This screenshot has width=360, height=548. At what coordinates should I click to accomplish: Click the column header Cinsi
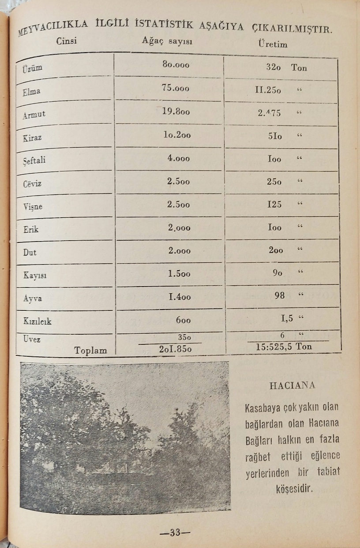67,41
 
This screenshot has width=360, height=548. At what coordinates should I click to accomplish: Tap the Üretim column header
273,44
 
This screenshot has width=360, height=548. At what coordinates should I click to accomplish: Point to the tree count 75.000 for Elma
175,88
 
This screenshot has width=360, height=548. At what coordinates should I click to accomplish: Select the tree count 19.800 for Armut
176,111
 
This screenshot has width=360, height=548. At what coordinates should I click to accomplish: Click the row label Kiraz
33,137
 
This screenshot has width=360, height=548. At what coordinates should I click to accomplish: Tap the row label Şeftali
34,160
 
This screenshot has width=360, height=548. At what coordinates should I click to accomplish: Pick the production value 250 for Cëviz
274,181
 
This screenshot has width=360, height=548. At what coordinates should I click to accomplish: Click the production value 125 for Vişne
274,204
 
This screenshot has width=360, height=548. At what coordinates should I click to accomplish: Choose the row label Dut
30,253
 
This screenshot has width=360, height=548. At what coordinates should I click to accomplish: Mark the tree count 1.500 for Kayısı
179,274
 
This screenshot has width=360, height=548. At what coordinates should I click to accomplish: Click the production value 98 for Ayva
280,295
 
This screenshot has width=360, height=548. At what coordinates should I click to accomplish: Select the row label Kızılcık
37,321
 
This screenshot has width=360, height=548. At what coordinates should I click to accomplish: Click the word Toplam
90,351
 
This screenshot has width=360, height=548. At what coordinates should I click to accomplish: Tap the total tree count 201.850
175,348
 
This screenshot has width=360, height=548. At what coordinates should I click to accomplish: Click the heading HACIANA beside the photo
292,385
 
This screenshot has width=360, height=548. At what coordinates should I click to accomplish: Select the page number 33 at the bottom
175,532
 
